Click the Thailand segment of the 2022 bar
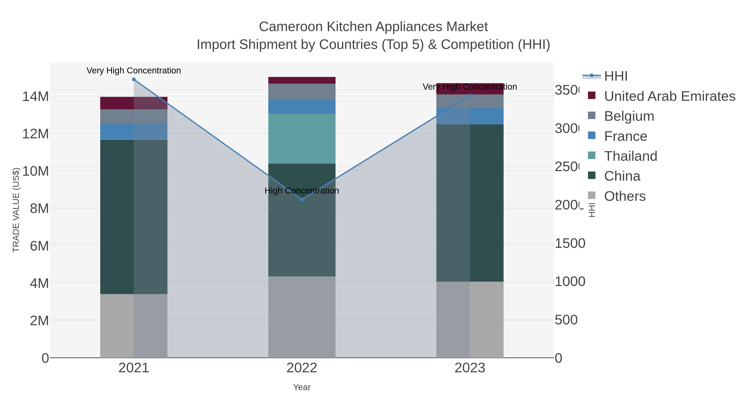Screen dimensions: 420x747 (x=301, y=139)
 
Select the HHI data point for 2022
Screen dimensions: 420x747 (x=301, y=199)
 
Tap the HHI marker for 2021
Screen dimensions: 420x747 (x=134, y=79)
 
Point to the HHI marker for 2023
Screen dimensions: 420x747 (x=470, y=95)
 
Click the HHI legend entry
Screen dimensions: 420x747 (x=615, y=76)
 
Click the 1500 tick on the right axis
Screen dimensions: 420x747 (x=570, y=243)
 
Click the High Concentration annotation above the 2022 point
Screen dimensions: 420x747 (x=301, y=191)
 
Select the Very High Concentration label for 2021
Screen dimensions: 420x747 (x=134, y=71)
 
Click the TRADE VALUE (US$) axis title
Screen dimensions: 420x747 (x=16, y=210)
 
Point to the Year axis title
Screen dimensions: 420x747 (x=301, y=387)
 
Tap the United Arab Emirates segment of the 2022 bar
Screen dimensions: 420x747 (x=301, y=80)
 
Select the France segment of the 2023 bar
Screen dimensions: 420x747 (x=470, y=116)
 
